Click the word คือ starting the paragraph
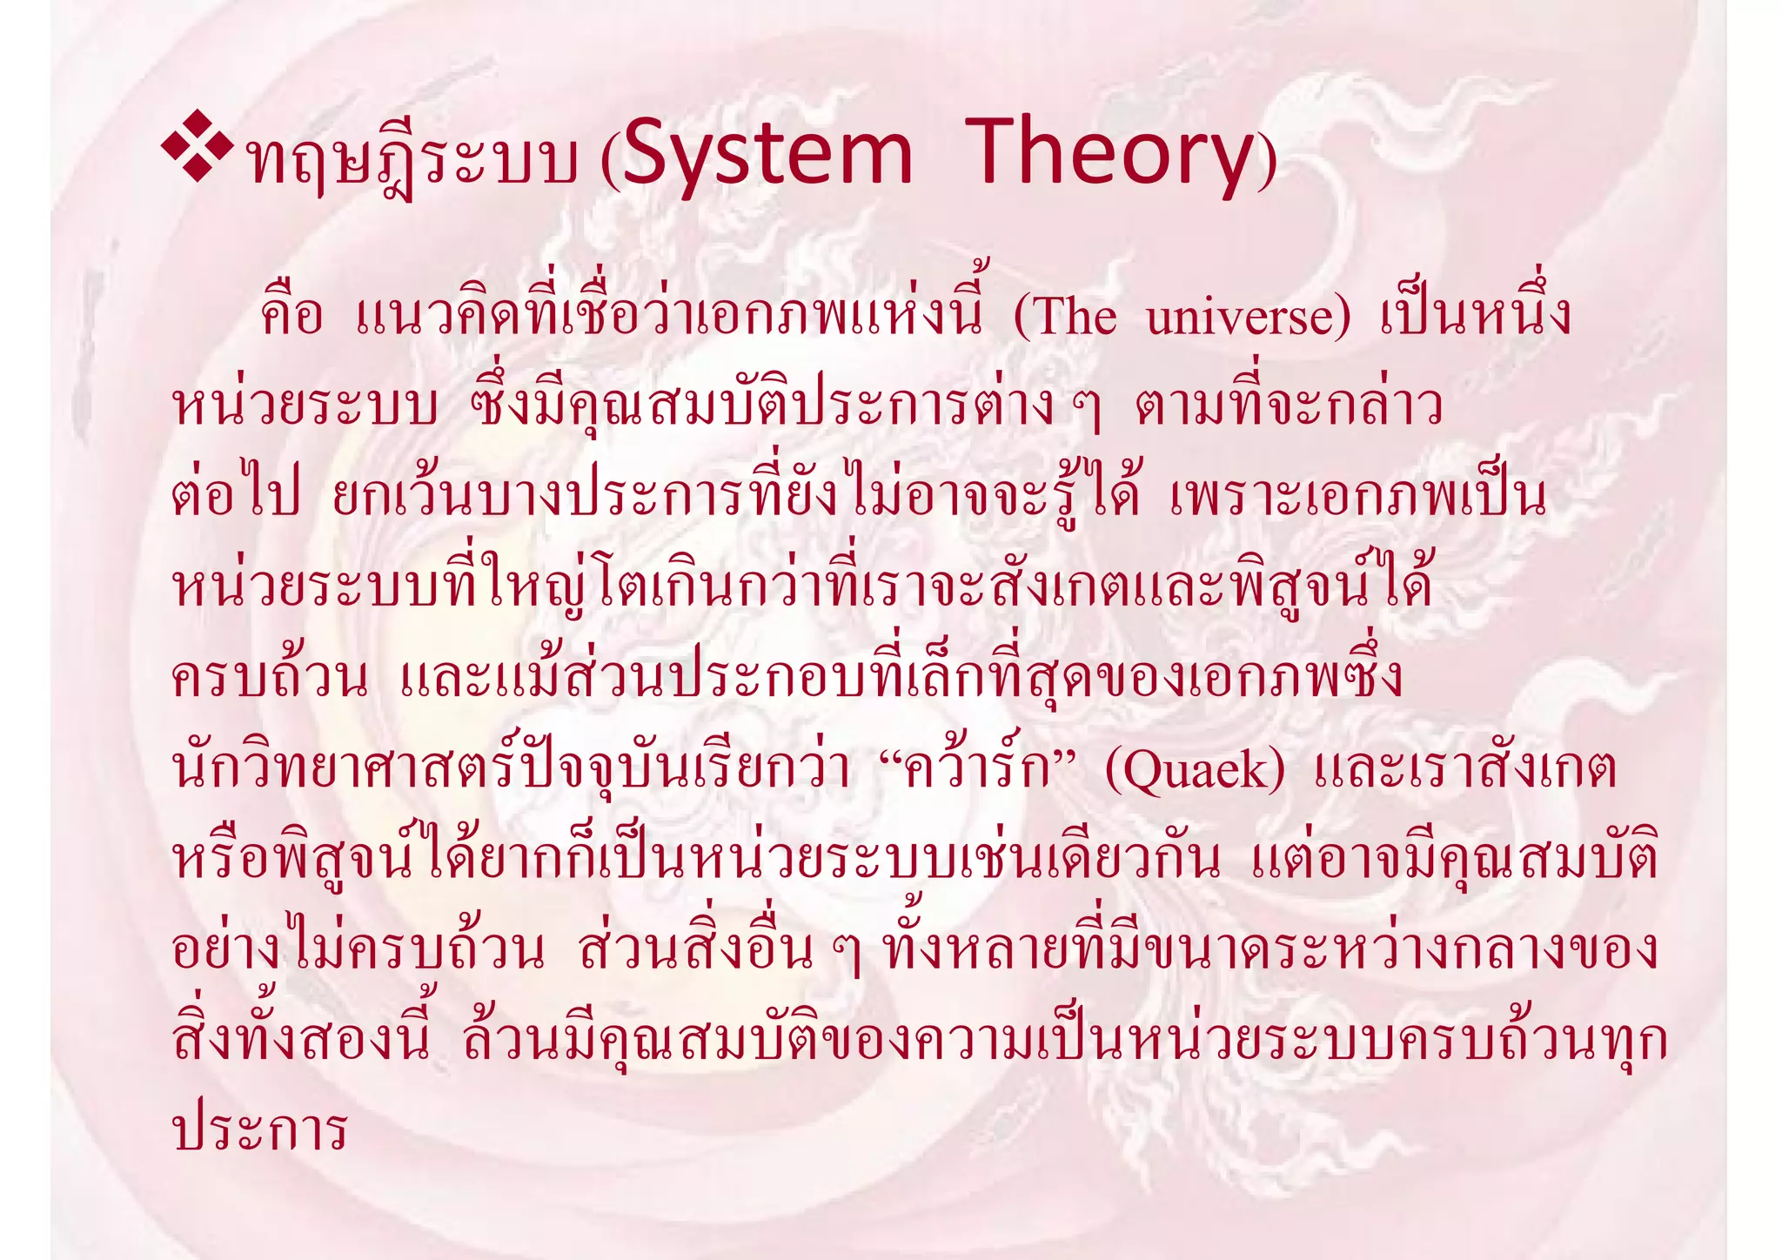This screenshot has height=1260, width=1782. point(291,315)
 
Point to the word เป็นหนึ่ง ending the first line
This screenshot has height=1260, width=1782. point(1476,315)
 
